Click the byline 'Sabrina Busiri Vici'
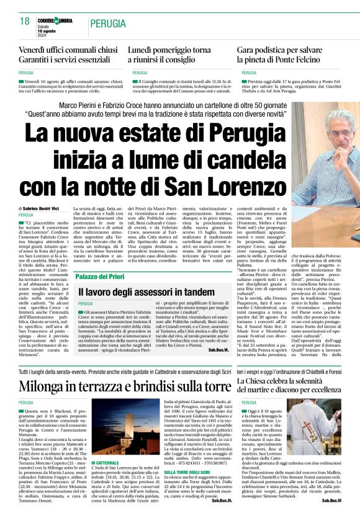click(x=41, y=208)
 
